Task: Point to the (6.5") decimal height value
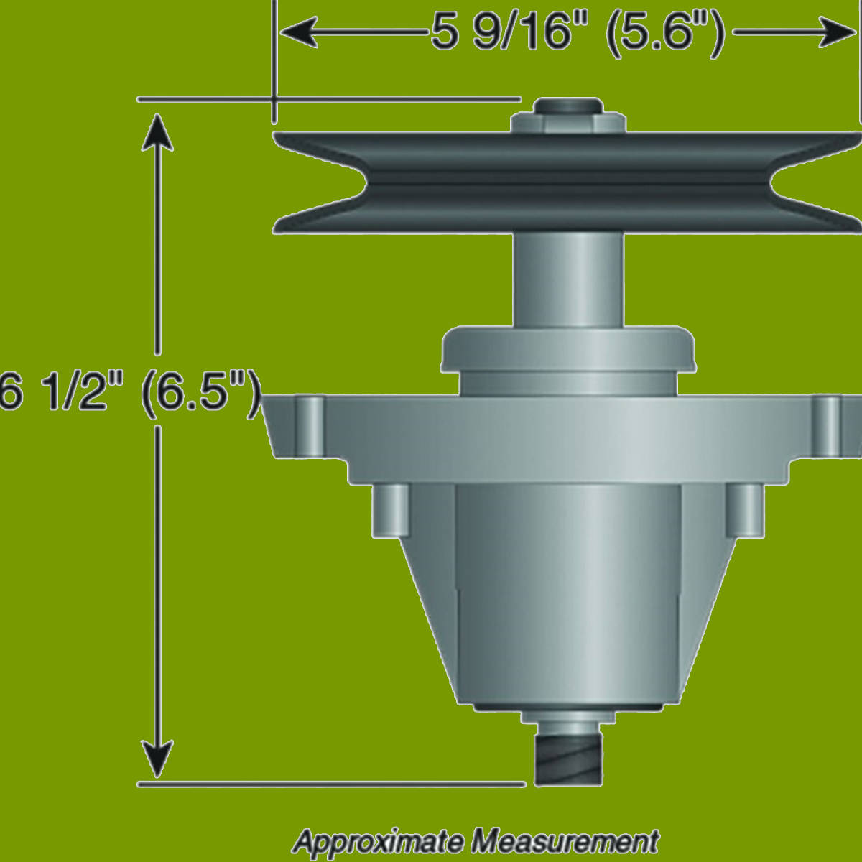pos(201,394)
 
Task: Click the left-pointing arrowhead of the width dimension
pos(299,32)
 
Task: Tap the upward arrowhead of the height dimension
pos(157,133)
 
